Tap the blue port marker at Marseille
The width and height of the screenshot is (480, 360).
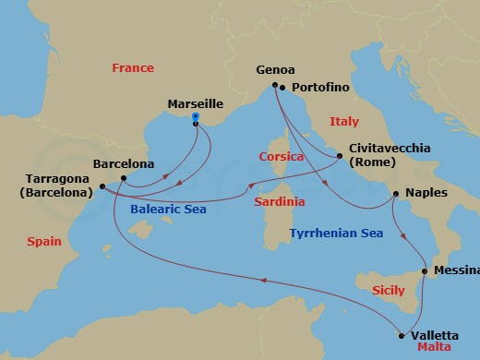point(196,116)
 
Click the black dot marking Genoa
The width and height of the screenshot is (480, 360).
point(274,86)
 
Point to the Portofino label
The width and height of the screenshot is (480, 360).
point(320,88)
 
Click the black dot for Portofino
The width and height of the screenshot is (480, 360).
point(282,89)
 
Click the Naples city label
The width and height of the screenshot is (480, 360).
point(426,194)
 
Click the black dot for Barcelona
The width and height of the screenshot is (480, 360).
point(123,177)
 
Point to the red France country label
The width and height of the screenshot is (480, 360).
point(132,67)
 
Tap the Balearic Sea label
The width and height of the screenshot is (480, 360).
point(169,210)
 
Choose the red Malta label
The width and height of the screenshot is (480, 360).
point(434,349)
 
